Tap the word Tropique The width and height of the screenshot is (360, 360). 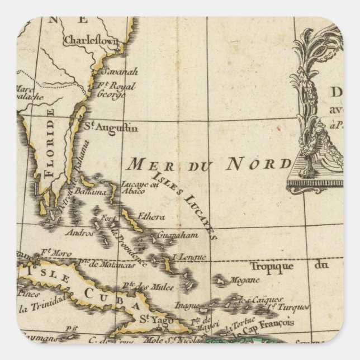click(x=271, y=266)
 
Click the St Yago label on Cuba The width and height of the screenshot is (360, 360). click(x=151, y=319)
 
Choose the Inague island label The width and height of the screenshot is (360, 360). click(x=188, y=305)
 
